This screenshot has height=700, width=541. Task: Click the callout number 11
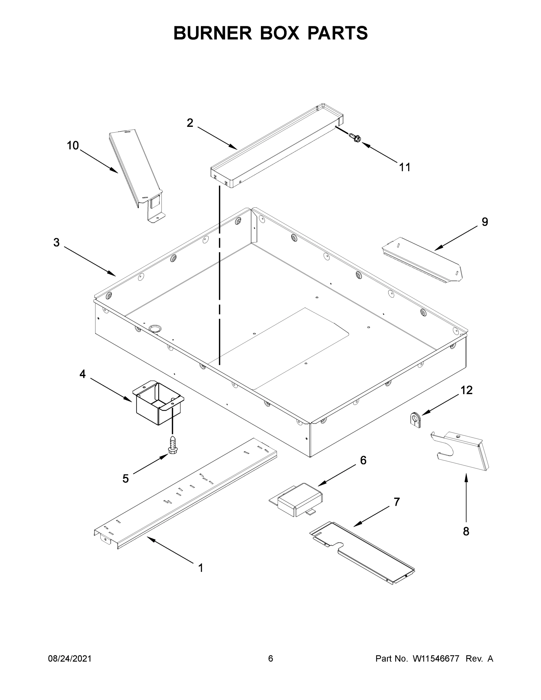pyautogui.click(x=405, y=167)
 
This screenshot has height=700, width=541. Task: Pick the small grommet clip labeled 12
pyautogui.click(x=416, y=420)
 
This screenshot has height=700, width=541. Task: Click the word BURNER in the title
pyautogui.click(x=213, y=33)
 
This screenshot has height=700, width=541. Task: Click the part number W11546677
pyautogui.click(x=436, y=659)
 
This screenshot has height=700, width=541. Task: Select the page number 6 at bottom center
pyautogui.click(x=271, y=659)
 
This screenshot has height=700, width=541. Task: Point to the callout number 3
pyautogui.click(x=56, y=243)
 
